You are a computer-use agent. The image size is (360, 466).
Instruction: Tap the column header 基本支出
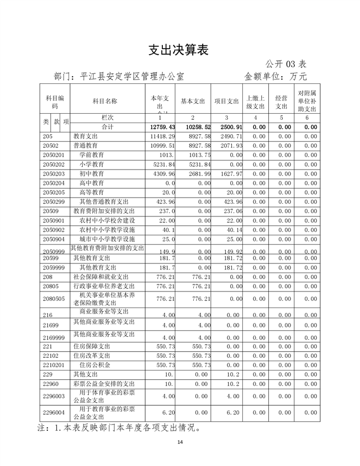pos(193,102)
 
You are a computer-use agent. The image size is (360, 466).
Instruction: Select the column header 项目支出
pos(226,102)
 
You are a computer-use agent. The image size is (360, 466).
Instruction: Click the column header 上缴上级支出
pos(256,102)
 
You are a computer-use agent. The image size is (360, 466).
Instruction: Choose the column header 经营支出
pos(282,102)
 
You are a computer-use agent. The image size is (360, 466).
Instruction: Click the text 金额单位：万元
pos(276,76)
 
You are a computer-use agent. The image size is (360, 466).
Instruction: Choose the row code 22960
pos(50,384)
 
